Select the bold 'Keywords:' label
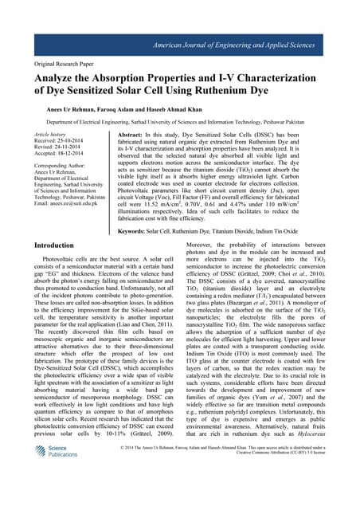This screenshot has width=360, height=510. click(x=132, y=253)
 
